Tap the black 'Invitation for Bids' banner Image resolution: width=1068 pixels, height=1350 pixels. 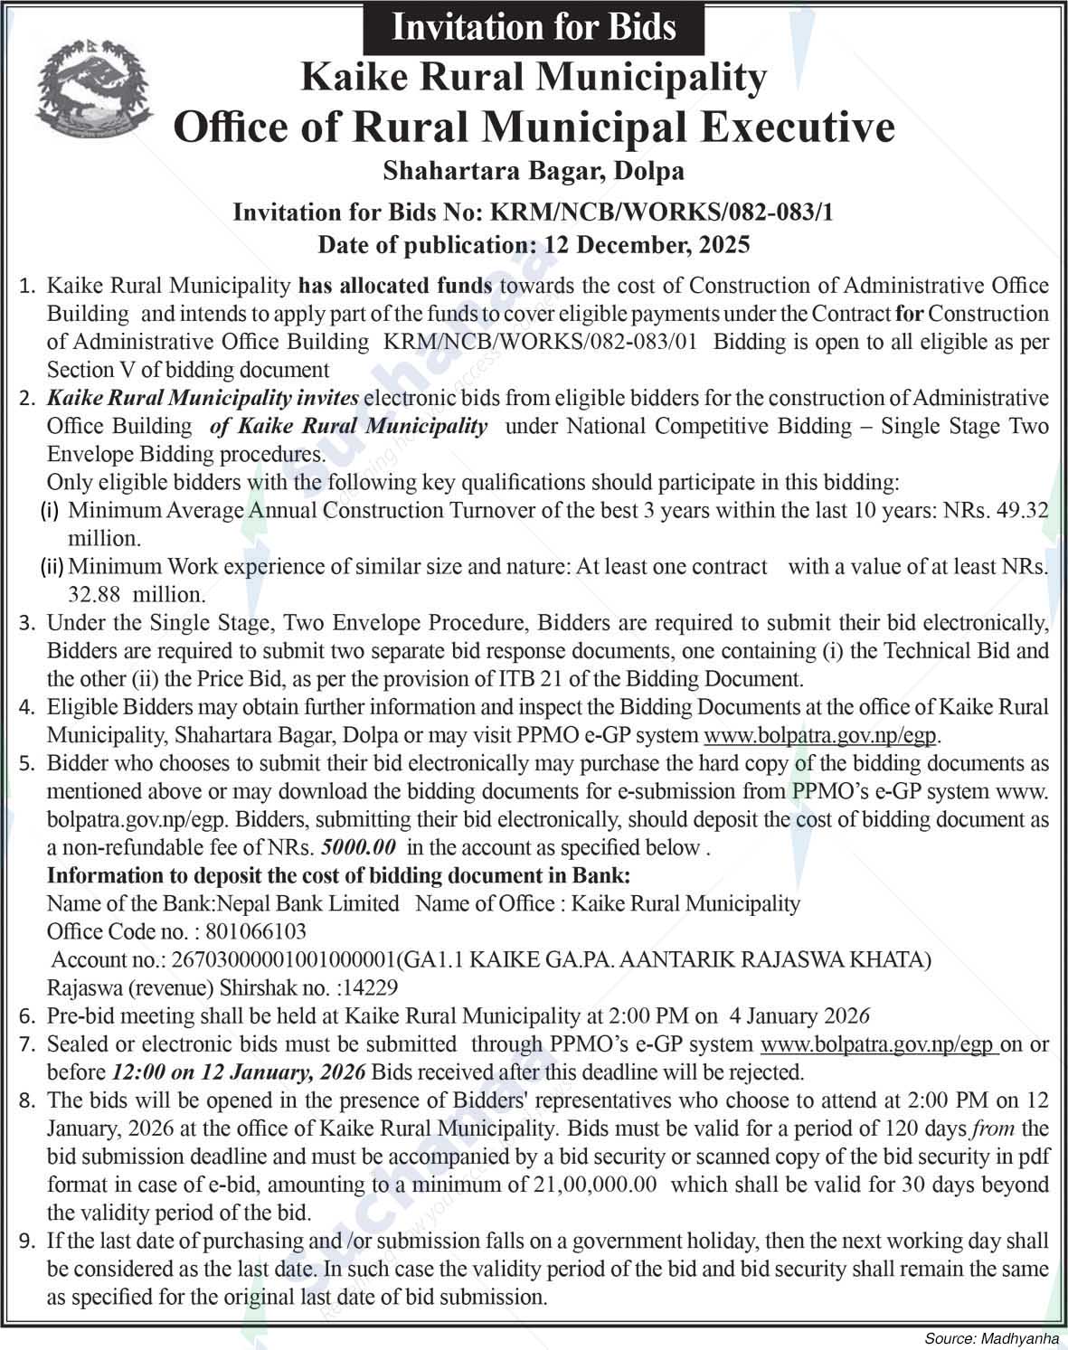(x=534, y=26)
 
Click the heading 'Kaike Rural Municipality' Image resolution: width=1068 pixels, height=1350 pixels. (x=534, y=78)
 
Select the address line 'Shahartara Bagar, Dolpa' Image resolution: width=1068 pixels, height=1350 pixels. (x=534, y=170)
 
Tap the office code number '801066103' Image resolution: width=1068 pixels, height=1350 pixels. (x=256, y=931)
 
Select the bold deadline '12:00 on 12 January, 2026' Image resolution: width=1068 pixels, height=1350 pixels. (x=238, y=1072)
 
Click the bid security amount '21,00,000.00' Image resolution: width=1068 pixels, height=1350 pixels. (x=588, y=1185)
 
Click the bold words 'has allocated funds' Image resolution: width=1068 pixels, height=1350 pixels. (x=395, y=286)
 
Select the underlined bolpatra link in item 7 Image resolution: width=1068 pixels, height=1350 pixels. (x=879, y=1044)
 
